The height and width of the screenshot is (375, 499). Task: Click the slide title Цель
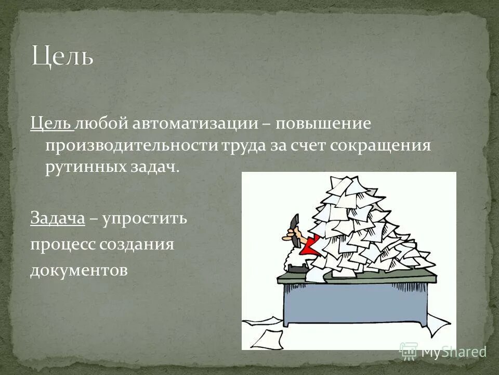click(x=63, y=56)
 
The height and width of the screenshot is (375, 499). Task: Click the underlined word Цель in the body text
click(x=51, y=124)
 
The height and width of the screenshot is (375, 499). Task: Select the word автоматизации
click(x=195, y=124)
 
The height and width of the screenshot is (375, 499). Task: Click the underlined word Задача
click(x=57, y=218)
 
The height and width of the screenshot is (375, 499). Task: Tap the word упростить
click(x=145, y=218)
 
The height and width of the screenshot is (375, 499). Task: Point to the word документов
click(x=78, y=270)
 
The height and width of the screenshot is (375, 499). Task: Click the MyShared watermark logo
click(x=442, y=352)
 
